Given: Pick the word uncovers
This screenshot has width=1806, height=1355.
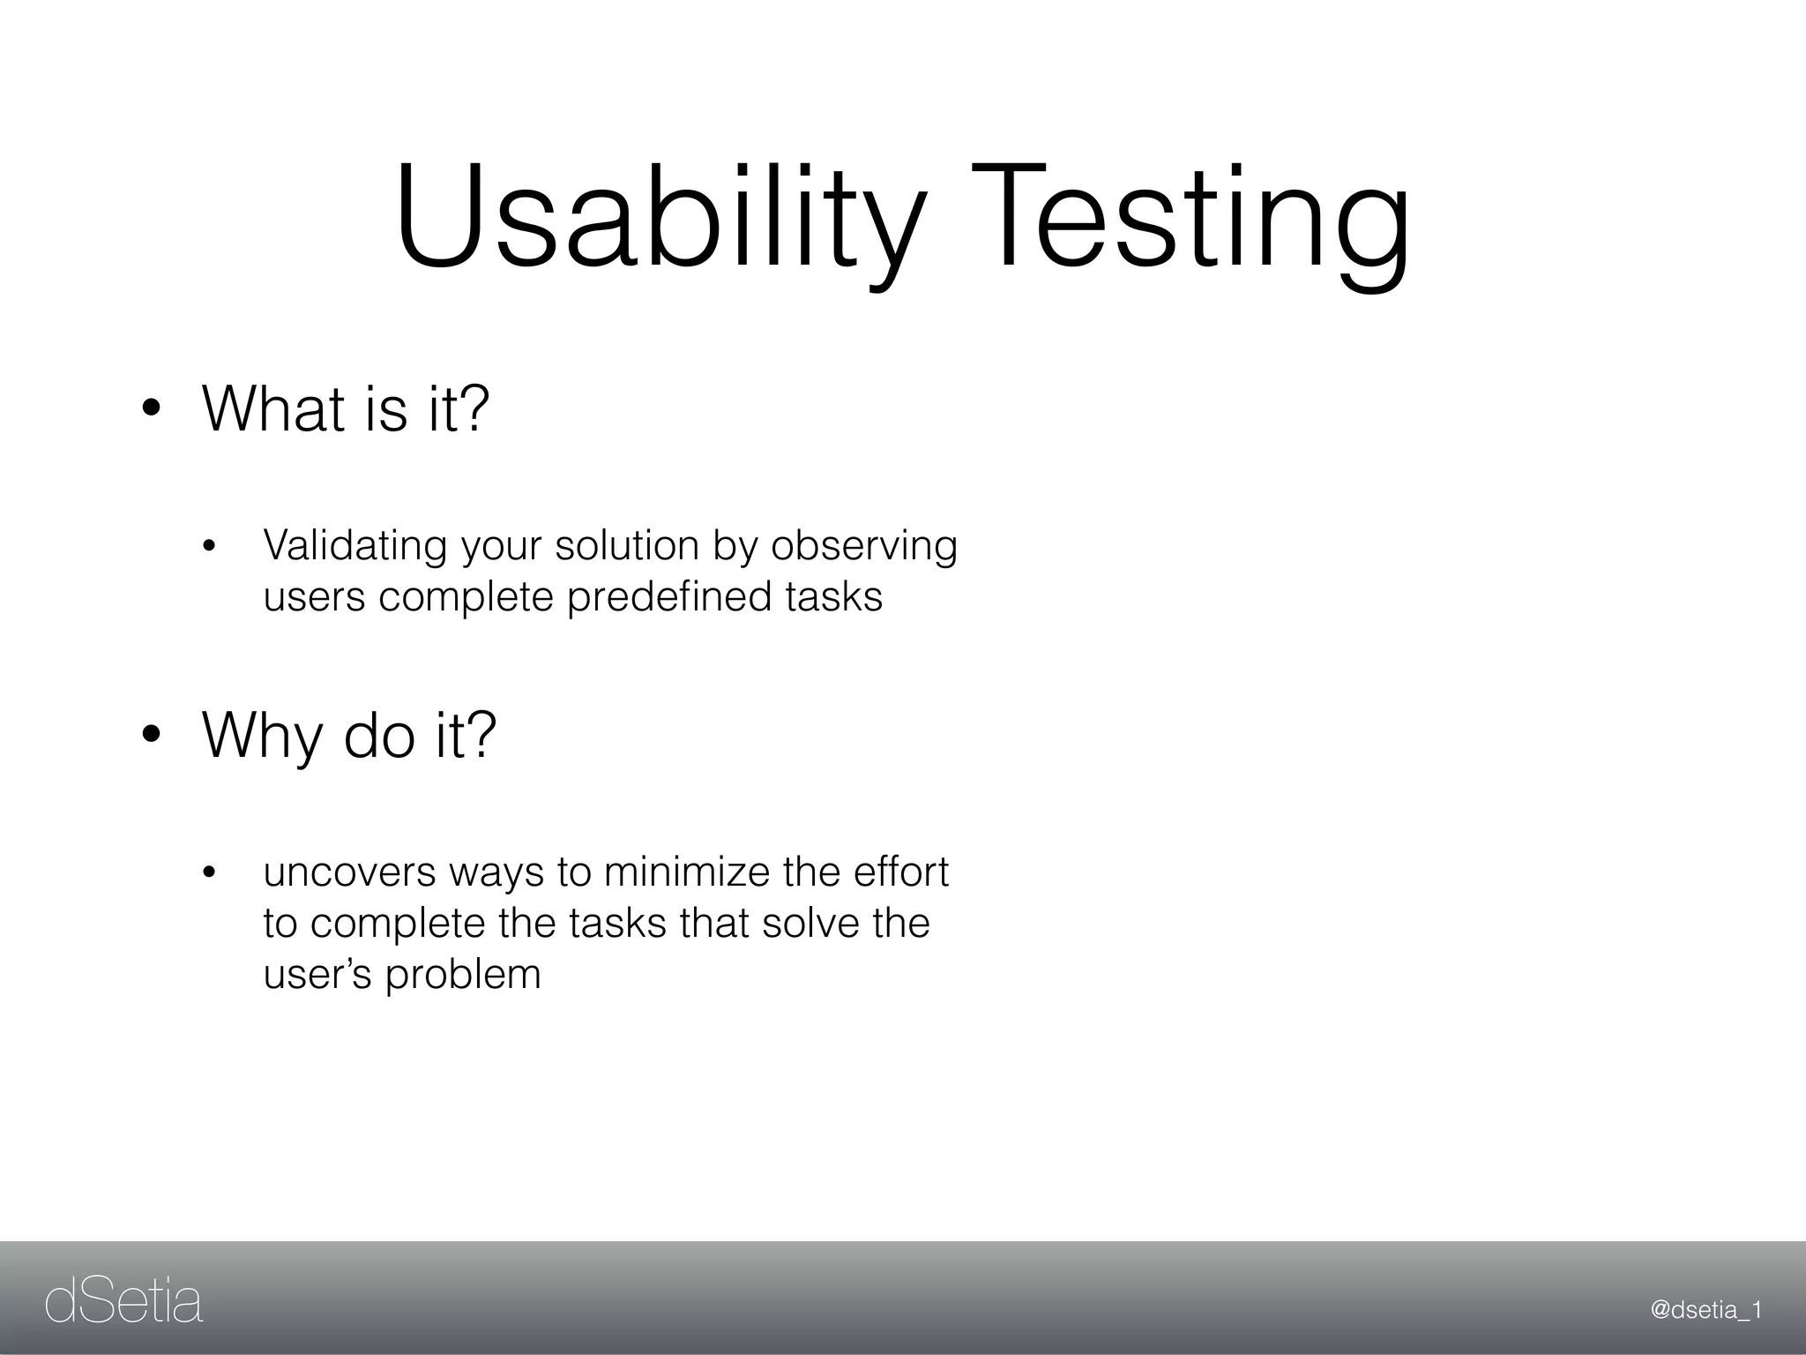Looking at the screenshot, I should point(349,872).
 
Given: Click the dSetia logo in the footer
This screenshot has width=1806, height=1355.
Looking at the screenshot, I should point(123,1303).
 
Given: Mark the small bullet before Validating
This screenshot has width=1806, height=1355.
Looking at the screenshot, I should point(209,548).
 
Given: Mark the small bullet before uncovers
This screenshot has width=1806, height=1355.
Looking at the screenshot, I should point(209,874).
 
